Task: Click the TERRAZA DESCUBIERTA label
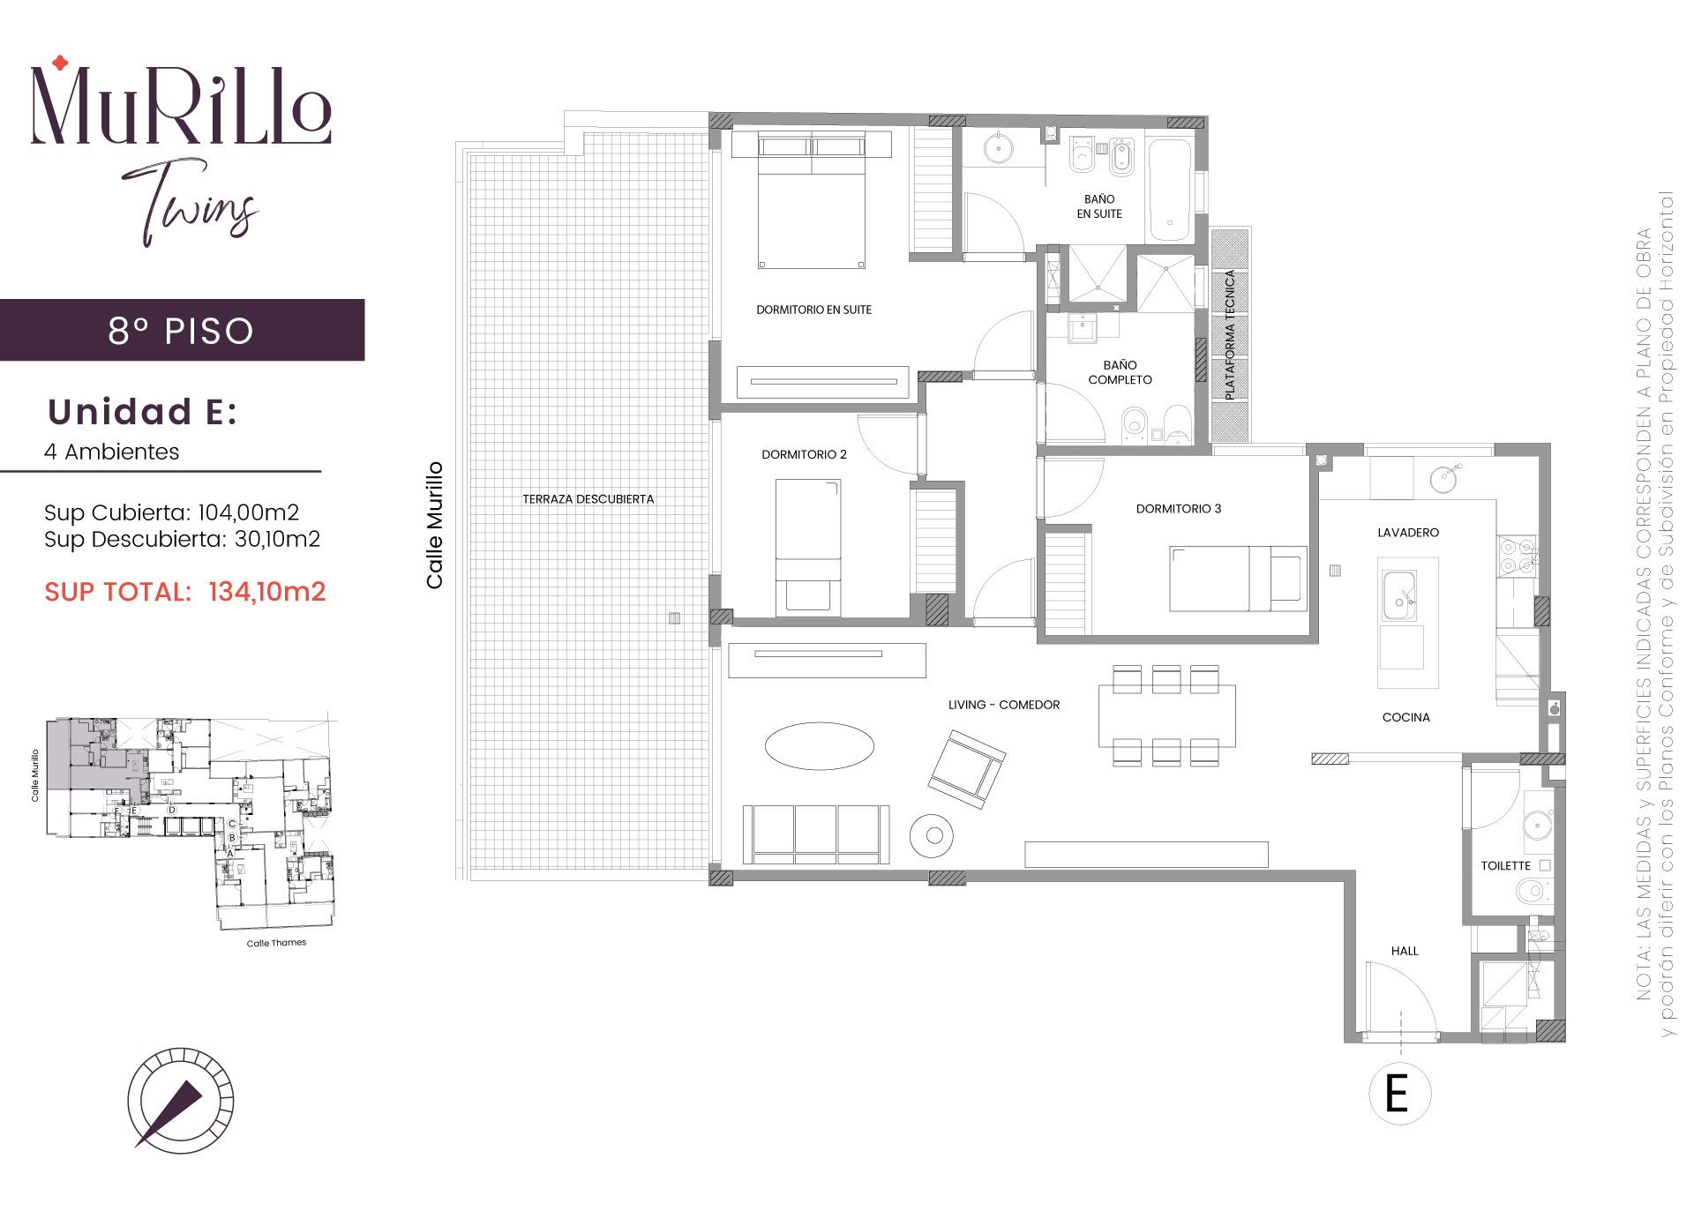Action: [588, 499]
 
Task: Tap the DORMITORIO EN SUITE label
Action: [813, 310]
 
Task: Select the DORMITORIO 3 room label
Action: [1179, 509]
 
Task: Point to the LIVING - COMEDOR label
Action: [1004, 705]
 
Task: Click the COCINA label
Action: [1406, 718]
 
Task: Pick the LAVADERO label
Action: [1408, 533]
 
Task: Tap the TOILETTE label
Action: [1505, 866]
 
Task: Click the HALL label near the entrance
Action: [1405, 951]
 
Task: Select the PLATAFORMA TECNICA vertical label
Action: [1231, 335]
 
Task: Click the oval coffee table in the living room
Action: [820, 746]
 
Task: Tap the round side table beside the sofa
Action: [932, 835]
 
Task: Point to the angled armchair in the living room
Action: [967, 769]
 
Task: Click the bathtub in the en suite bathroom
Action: [1170, 189]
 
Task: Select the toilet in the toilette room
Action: [1533, 892]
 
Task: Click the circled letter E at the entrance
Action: [1399, 1094]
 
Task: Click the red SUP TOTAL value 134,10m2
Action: [266, 592]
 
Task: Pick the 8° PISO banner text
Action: [181, 331]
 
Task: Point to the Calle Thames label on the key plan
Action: [276, 943]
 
